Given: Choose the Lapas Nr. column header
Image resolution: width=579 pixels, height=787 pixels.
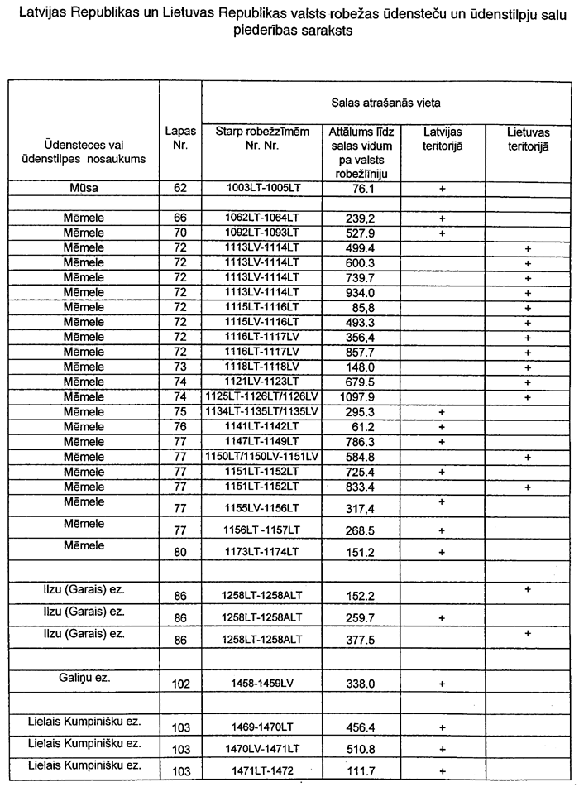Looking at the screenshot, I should pyautogui.click(x=180, y=137).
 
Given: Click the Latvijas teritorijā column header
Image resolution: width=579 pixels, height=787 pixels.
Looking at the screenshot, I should pyautogui.click(x=443, y=137).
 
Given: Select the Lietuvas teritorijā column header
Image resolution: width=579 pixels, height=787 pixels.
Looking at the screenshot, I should pyautogui.click(x=528, y=137).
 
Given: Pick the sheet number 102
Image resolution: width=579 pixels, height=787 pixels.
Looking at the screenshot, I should pyautogui.click(x=180, y=684).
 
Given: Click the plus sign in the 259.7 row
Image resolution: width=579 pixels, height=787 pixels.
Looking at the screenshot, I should pyautogui.click(x=443, y=617).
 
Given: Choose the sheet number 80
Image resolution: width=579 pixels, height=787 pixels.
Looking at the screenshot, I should pyautogui.click(x=180, y=552).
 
